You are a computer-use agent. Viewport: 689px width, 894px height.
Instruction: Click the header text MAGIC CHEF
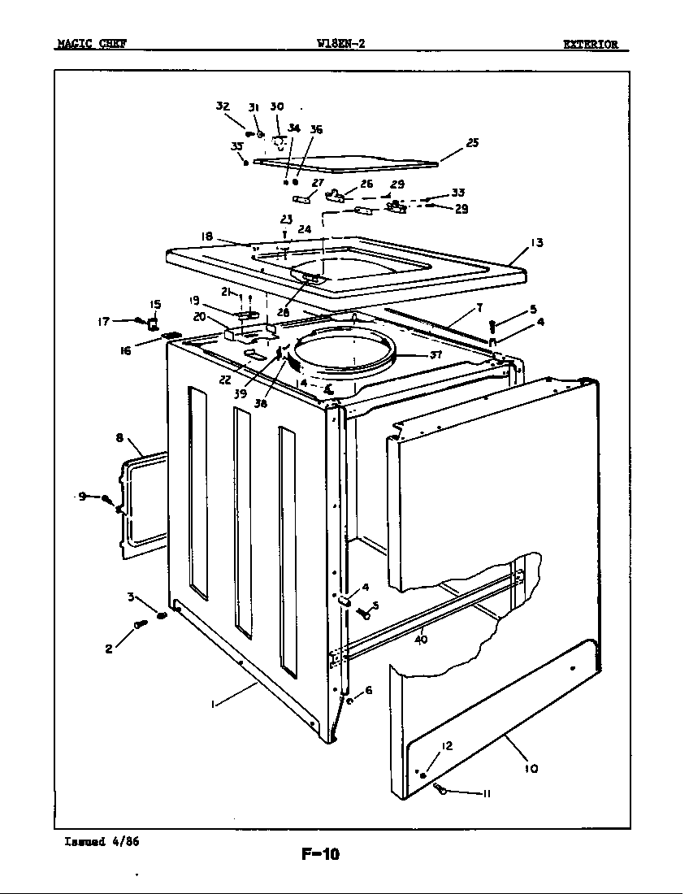pos(91,44)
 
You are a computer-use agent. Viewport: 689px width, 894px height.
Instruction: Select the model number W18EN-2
pos(341,44)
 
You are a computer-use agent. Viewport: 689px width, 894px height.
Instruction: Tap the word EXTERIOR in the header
pos(591,44)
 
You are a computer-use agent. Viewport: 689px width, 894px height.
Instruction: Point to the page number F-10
pos(320,853)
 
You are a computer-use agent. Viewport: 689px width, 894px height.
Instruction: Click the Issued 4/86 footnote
pos(102,841)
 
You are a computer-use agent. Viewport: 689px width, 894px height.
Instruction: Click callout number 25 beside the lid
pos(472,143)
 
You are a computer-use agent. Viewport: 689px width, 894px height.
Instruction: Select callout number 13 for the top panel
pos(537,242)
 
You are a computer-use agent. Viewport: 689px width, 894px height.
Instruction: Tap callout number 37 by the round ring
pos(436,354)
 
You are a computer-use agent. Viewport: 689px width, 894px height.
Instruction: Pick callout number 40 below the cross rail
pos(421,639)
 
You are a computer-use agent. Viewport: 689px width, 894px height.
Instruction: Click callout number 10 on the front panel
pos(531,768)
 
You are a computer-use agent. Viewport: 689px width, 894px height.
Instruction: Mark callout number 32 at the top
pos(223,106)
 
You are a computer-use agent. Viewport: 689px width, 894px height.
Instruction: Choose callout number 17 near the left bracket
pos(103,321)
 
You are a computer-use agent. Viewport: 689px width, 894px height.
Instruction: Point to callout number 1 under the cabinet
pos(213,705)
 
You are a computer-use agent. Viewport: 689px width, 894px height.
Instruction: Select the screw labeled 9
pos(106,498)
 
